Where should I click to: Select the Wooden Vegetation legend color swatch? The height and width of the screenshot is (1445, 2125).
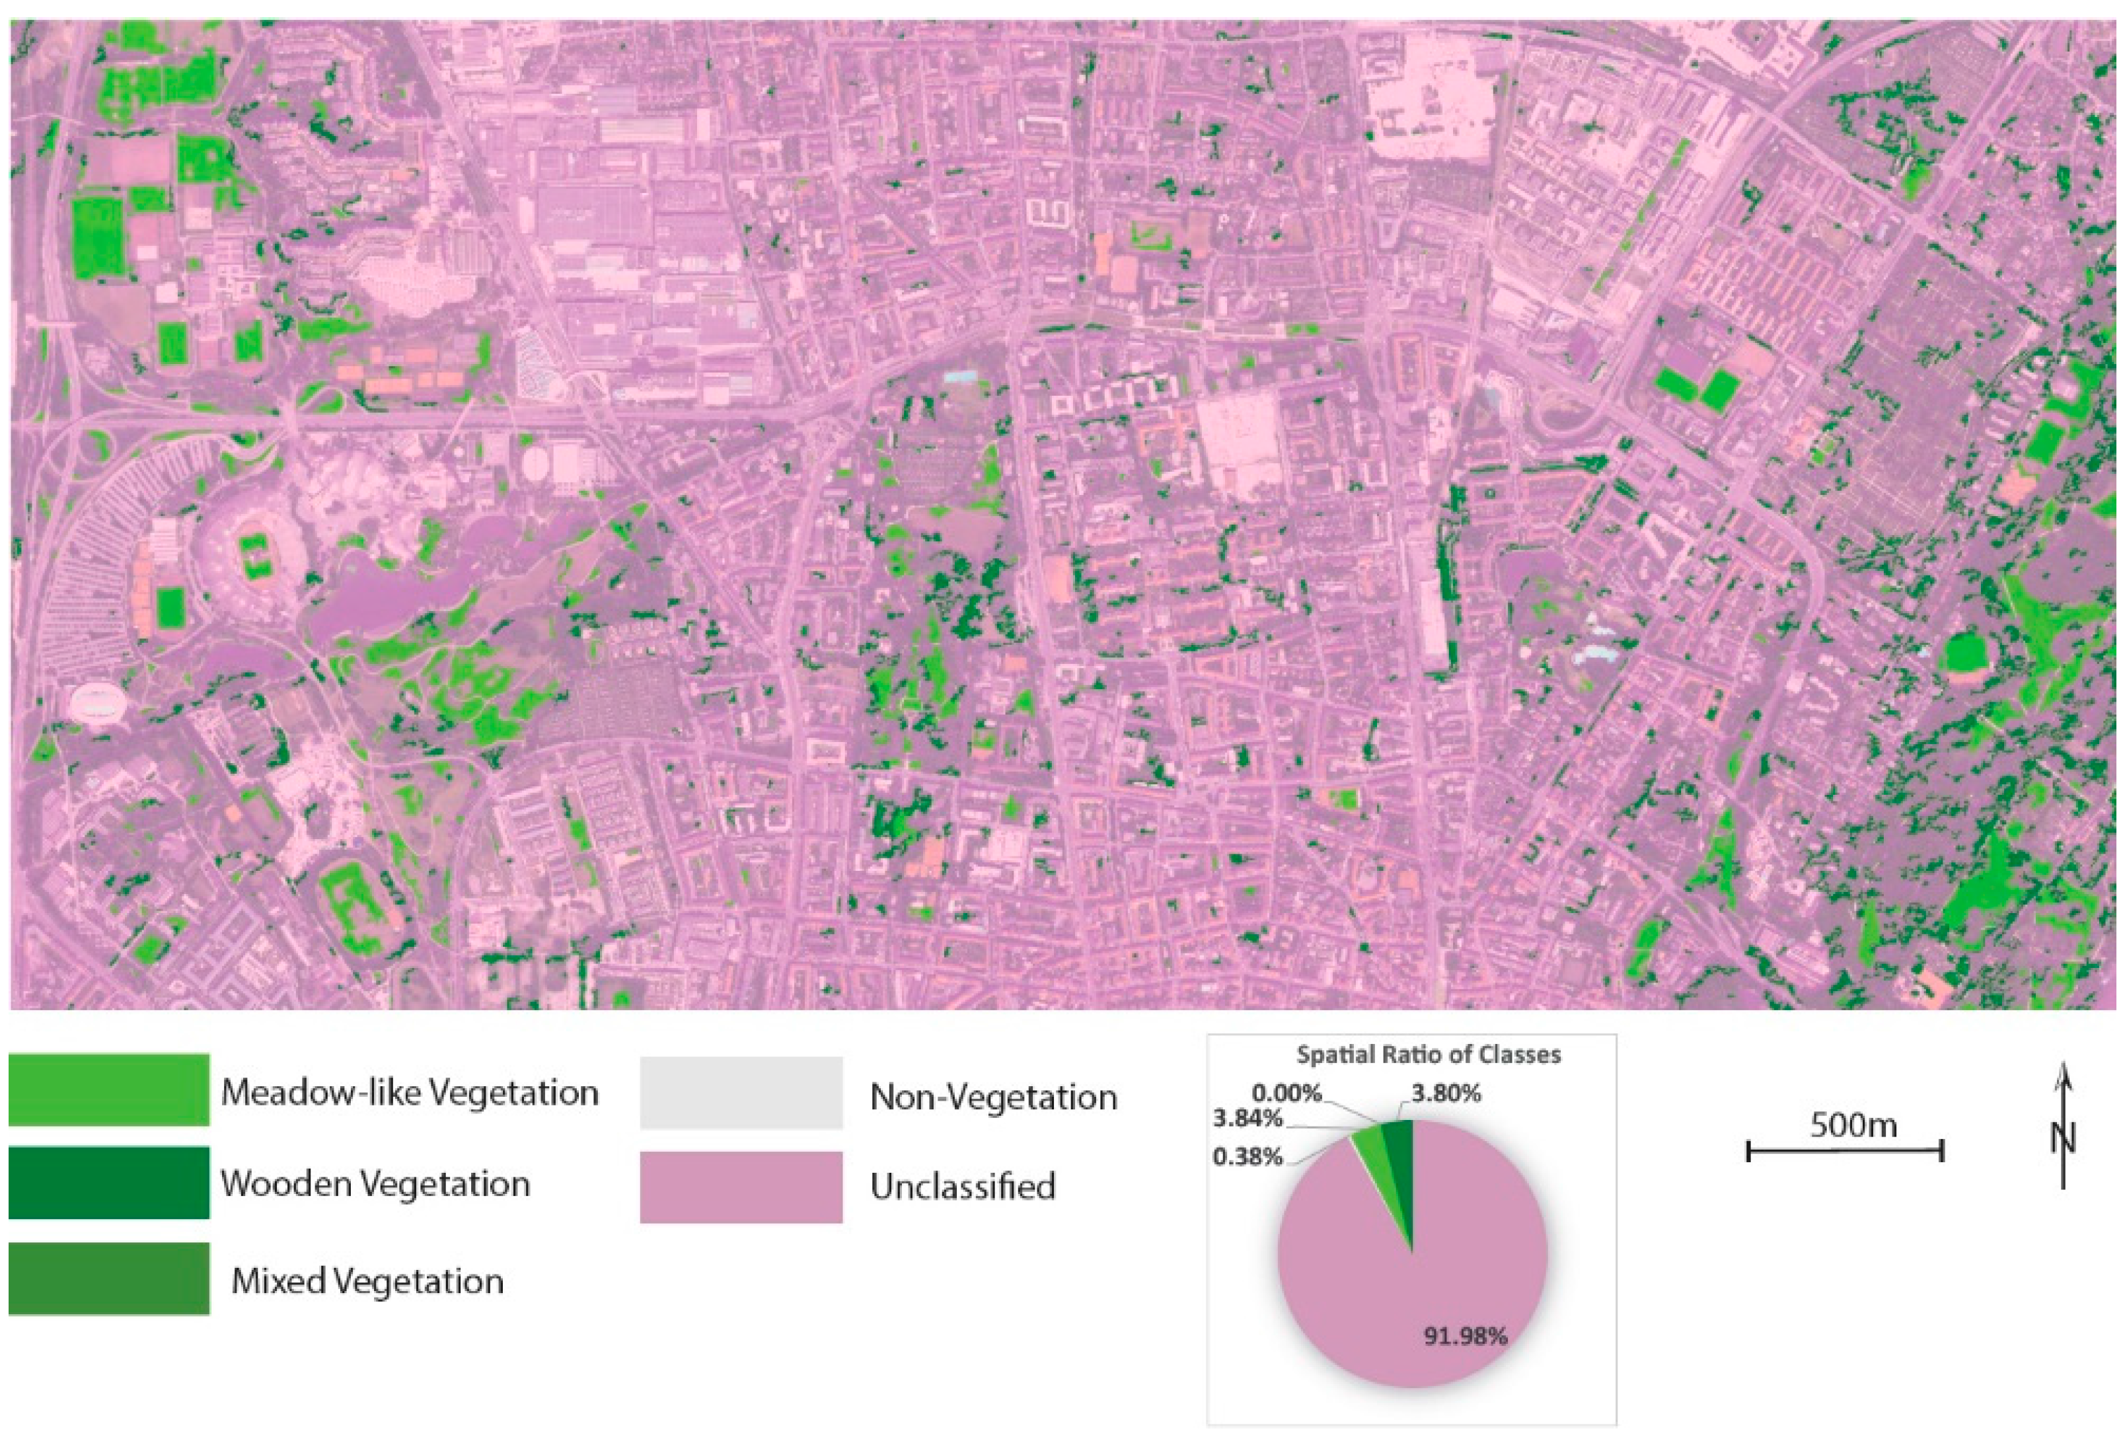(x=109, y=1183)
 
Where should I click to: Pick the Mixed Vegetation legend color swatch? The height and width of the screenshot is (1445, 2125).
(x=109, y=1278)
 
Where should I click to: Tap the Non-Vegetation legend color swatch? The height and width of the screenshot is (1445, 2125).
(x=741, y=1093)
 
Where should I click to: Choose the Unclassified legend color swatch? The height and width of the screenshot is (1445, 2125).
(x=741, y=1186)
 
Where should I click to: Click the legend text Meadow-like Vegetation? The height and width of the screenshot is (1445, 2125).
(x=410, y=1093)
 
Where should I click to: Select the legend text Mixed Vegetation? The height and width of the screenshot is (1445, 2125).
(x=367, y=1281)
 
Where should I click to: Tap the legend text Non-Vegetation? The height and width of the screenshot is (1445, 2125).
(x=993, y=1097)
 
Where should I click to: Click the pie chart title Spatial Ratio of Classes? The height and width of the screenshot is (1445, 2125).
(x=1429, y=1055)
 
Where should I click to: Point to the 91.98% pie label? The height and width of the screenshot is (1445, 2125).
(x=1465, y=1337)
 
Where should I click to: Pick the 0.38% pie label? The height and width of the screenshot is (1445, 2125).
(x=1248, y=1157)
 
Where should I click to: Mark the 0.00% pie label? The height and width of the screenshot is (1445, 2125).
(x=1287, y=1092)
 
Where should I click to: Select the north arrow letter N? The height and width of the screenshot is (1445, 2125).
(x=2064, y=1138)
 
